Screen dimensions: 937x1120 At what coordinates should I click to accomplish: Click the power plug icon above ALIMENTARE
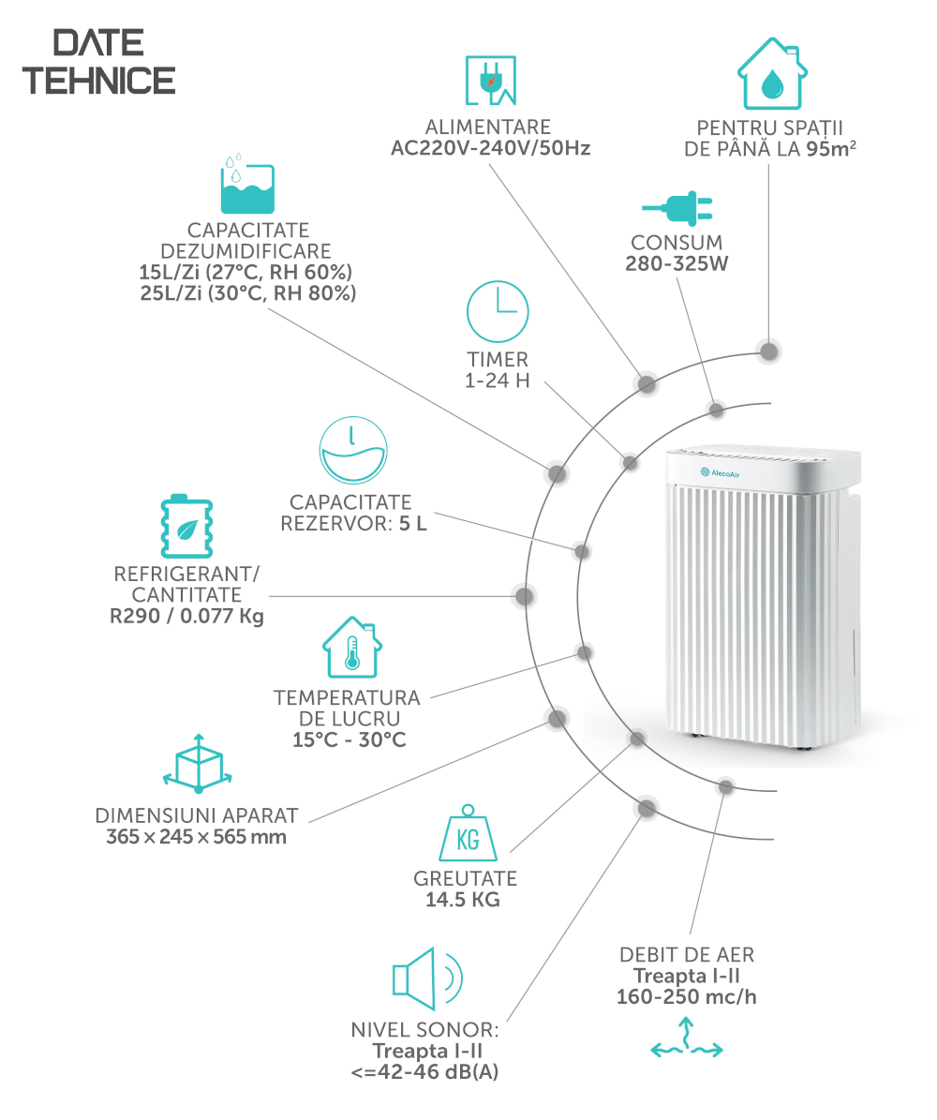(x=491, y=80)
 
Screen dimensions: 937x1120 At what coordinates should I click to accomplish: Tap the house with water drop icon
(x=772, y=73)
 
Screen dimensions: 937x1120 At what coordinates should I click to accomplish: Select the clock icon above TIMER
(x=498, y=311)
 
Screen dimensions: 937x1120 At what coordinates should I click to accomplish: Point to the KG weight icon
(x=468, y=833)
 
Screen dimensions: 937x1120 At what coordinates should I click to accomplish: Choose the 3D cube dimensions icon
(x=198, y=764)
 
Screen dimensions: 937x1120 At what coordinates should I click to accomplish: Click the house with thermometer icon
(x=352, y=647)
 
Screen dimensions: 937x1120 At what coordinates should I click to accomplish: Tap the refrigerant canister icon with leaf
(x=186, y=527)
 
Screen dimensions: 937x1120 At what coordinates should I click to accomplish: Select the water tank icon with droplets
(x=247, y=184)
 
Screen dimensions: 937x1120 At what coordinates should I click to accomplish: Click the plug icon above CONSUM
(x=677, y=208)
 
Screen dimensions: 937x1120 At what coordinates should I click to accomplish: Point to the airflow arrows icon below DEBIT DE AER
(x=687, y=1039)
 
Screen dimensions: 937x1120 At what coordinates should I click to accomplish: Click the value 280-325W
(x=677, y=263)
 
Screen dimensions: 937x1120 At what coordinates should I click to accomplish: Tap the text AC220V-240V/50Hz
(x=491, y=149)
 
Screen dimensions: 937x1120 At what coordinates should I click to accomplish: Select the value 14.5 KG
(x=463, y=900)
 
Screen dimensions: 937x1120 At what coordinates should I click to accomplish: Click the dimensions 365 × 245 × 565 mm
(x=197, y=836)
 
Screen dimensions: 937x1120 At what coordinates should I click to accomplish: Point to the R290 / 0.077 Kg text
(x=186, y=617)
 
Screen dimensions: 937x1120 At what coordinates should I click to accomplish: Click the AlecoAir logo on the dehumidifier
(x=720, y=473)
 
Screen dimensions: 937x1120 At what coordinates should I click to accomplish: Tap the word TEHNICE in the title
(x=98, y=80)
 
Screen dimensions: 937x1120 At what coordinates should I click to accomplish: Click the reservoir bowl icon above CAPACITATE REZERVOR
(x=353, y=451)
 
